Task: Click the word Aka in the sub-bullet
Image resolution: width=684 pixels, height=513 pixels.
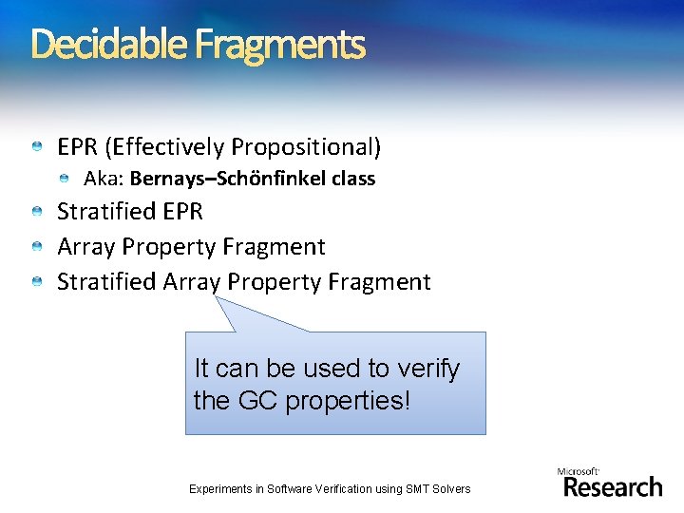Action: point(102,179)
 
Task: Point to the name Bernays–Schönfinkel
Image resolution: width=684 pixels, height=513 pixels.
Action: point(229,179)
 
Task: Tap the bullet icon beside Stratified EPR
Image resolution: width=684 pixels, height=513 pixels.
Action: point(36,212)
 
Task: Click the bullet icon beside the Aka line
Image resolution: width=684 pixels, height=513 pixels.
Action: point(64,179)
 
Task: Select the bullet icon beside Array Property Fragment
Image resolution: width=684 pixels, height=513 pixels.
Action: point(36,247)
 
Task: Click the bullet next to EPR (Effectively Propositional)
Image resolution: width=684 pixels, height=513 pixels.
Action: point(36,147)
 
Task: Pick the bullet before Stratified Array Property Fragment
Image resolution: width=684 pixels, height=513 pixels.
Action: point(36,282)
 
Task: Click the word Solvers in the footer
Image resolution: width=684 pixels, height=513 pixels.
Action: point(450,489)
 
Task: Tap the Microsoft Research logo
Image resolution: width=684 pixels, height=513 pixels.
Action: point(611,484)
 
